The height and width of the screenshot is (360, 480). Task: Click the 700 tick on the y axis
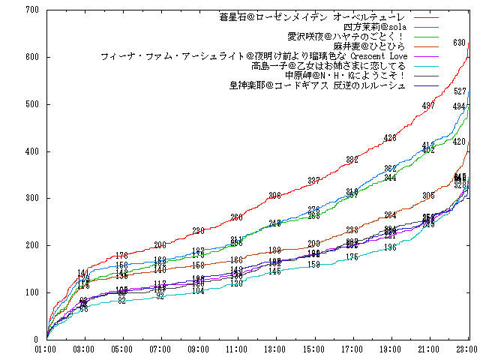click(31, 10)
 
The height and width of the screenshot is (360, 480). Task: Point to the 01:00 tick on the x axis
click(46, 349)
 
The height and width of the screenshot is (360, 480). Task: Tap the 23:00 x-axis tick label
click(467, 349)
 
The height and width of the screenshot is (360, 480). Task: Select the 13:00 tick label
click(275, 349)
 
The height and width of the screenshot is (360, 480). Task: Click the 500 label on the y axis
click(31, 104)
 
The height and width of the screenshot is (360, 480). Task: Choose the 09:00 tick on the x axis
click(199, 349)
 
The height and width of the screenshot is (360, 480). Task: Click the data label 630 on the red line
click(460, 43)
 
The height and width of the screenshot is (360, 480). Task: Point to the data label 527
click(460, 91)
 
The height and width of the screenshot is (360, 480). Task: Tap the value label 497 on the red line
click(428, 106)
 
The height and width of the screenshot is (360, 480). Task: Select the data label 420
click(460, 142)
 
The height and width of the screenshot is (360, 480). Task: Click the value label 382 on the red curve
click(352, 160)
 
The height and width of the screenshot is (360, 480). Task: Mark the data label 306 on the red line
click(275, 196)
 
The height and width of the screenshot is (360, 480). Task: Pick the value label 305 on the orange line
click(428, 196)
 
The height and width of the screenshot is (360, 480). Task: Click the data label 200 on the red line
click(160, 245)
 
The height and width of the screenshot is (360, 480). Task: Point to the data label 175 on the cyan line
click(352, 257)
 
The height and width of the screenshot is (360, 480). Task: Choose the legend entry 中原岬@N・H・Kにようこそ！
click(346, 76)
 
